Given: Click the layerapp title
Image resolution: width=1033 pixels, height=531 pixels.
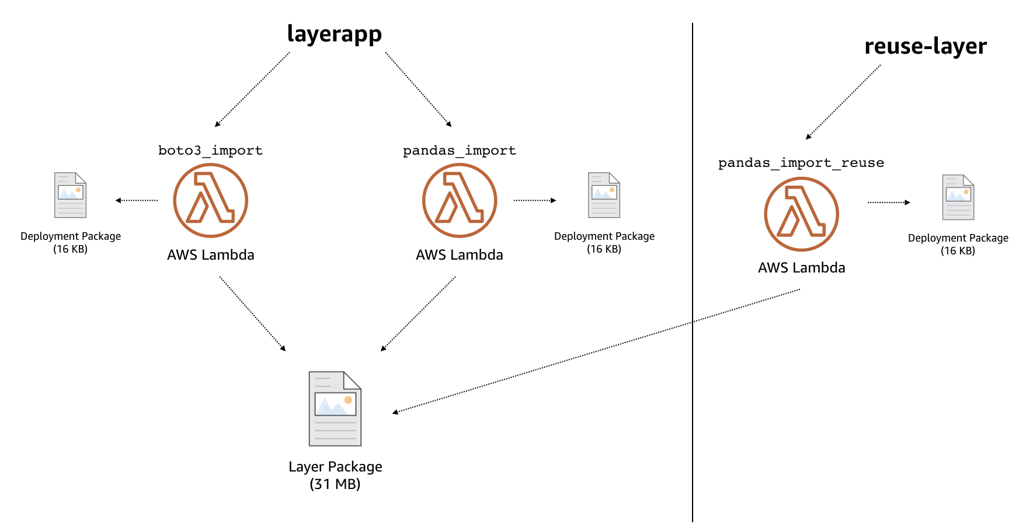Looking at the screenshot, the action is [335, 34].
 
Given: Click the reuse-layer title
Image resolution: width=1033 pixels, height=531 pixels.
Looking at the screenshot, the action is [926, 47].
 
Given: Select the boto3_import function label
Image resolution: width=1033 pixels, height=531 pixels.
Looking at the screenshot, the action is [210, 151].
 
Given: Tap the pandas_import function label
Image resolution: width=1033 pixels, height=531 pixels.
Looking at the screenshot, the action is [460, 151].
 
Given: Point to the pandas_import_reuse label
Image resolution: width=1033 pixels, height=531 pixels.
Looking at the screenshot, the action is [801, 163].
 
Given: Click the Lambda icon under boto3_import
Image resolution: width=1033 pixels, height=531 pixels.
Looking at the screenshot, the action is [211, 200].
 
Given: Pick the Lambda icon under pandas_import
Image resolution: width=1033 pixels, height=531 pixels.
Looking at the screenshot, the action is [460, 200].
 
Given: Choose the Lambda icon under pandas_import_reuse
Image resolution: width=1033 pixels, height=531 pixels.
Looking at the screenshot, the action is [802, 214].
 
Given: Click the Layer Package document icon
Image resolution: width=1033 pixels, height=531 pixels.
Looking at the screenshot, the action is [335, 408].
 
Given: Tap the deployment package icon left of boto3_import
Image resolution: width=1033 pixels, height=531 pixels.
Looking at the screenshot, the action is [71, 195].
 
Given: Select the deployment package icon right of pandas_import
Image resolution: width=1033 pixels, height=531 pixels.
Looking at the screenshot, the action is [604, 195].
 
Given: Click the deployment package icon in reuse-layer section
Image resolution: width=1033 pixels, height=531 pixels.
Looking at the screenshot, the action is [958, 197].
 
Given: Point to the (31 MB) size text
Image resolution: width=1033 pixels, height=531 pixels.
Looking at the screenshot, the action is [335, 484].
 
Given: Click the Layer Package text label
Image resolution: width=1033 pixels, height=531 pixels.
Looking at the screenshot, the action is [335, 467].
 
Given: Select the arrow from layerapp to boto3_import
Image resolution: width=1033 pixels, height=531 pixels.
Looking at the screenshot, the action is [252, 90].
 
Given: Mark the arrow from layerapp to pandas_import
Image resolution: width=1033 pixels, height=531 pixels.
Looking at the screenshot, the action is [419, 90].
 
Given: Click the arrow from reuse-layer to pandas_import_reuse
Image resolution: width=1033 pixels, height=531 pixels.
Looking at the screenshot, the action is [843, 102].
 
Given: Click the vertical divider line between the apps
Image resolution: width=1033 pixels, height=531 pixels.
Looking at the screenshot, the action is [693, 273].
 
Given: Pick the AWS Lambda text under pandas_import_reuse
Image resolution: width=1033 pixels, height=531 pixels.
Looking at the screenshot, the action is [802, 268].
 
